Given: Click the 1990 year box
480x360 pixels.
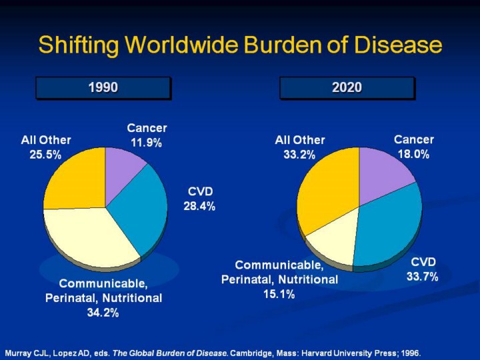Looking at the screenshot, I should pos(103,87).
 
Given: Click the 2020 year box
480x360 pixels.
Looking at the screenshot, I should pos(347,87).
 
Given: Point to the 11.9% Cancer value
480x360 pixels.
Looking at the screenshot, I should pos(147,143).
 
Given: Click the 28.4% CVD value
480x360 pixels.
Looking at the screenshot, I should pos(199,207).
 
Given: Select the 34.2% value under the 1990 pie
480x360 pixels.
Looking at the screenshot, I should pos(103,313).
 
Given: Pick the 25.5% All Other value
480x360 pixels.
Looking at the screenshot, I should pos(46,155).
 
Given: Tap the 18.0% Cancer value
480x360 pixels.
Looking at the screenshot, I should pos(413,154).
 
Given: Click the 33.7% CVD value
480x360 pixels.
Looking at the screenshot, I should pos(423,277).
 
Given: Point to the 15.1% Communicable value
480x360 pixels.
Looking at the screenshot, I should pos(279,294).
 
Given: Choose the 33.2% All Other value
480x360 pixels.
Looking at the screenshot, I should pos(300,155).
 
